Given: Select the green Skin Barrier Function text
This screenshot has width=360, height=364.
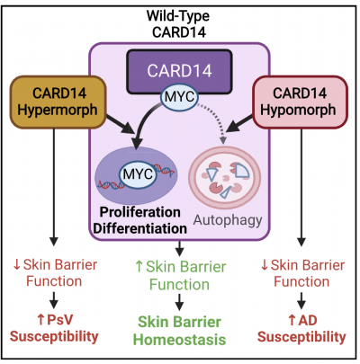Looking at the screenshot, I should [x=179, y=269].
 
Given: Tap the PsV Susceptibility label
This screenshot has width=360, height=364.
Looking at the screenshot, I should [x=56, y=329].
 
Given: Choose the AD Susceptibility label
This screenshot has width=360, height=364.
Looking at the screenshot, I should [x=301, y=329].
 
